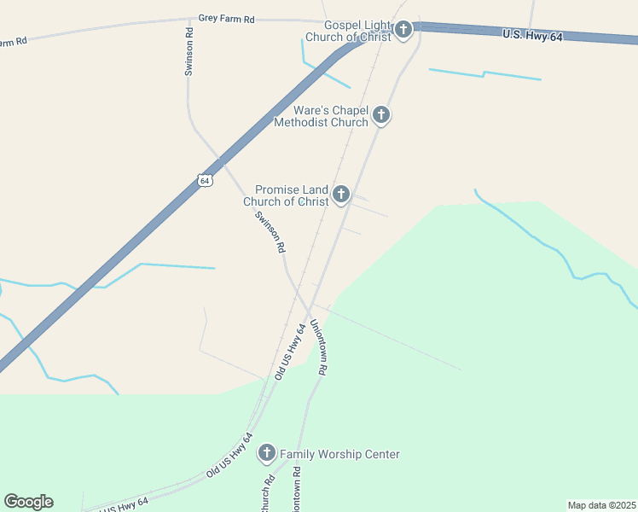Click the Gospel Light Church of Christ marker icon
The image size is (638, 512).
click(x=403, y=30)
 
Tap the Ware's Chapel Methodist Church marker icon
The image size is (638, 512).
click(x=380, y=115)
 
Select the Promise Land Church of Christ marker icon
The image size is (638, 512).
click(x=341, y=195)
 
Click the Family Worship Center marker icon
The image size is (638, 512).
click(x=267, y=453)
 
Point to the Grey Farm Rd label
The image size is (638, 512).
click(x=226, y=18)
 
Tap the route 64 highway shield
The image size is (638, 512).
click(x=204, y=179)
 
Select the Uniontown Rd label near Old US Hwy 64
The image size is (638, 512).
click(x=319, y=347)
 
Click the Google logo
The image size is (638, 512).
click(x=28, y=502)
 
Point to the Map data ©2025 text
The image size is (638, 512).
click(x=601, y=505)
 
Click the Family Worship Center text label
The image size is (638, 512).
click(x=339, y=455)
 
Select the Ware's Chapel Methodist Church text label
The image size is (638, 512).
click(x=321, y=117)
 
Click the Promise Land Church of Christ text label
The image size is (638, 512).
click(x=287, y=196)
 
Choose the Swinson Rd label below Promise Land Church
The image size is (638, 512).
click(x=270, y=232)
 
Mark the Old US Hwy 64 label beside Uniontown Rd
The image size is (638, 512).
click(x=291, y=352)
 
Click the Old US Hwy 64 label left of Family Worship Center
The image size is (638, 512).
click(x=230, y=455)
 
